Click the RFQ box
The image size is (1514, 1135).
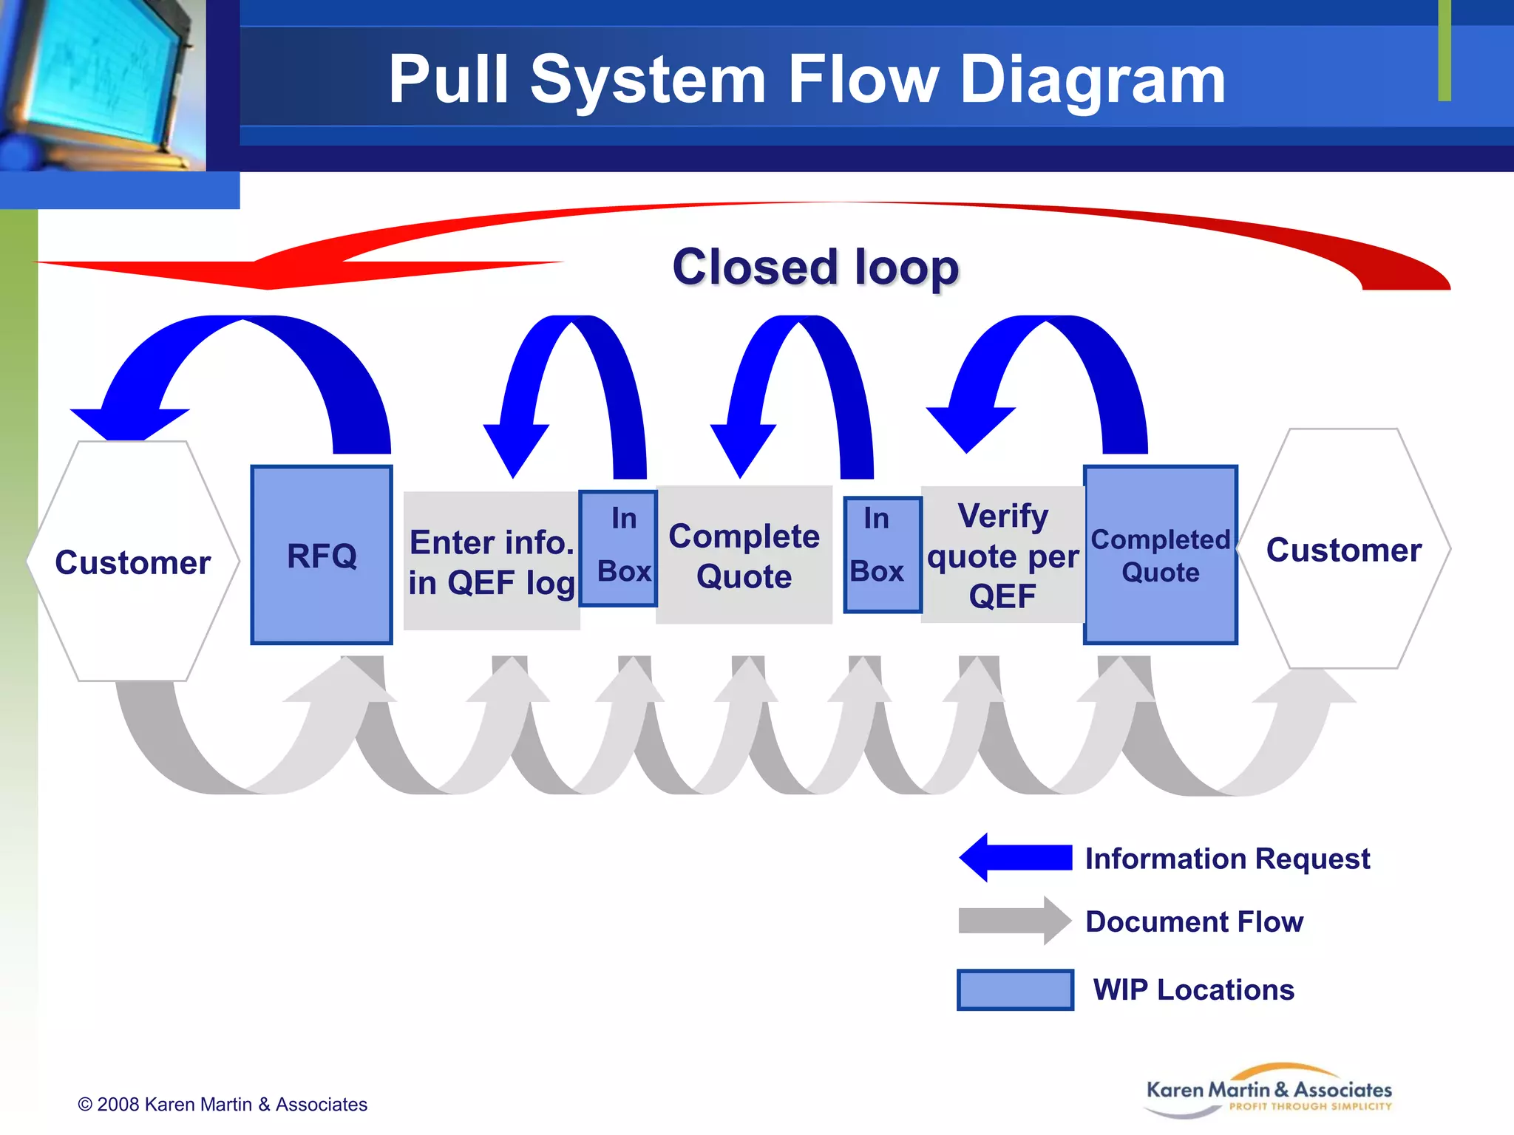(x=322, y=555)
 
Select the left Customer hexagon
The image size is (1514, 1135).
(x=133, y=562)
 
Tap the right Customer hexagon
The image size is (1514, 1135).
(x=1343, y=549)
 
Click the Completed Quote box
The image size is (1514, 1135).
(x=1160, y=555)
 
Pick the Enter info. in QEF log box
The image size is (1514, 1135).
(x=491, y=561)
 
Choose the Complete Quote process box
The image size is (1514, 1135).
(x=744, y=555)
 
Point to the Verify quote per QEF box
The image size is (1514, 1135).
(x=1002, y=555)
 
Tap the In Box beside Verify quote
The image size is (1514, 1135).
(x=882, y=555)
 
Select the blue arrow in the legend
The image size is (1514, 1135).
(x=1015, y=857)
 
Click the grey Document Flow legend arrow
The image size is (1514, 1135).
(x=1014, y=921)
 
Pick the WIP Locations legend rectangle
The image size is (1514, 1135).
(x=1015, y=989)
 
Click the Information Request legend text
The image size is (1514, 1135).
(x=1227, y=859)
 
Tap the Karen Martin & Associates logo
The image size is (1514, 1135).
(x=1269, y=1092)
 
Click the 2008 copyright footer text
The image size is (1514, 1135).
(x=223, y=1104)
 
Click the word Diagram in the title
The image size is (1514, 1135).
(x=1093, y=80)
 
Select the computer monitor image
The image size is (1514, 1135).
(x=100, y=81)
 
